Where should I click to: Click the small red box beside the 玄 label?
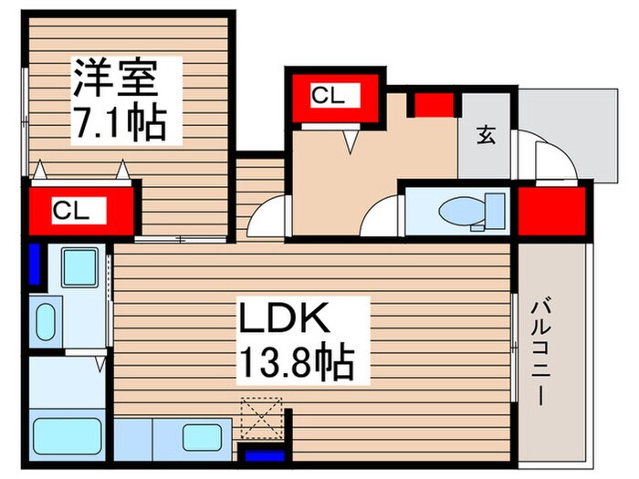(435, 103)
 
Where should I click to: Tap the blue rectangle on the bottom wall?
(261, 453)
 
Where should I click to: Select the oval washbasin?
(44, 322)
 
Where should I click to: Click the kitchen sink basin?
(203, 437)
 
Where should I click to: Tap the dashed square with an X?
(262, 419)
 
